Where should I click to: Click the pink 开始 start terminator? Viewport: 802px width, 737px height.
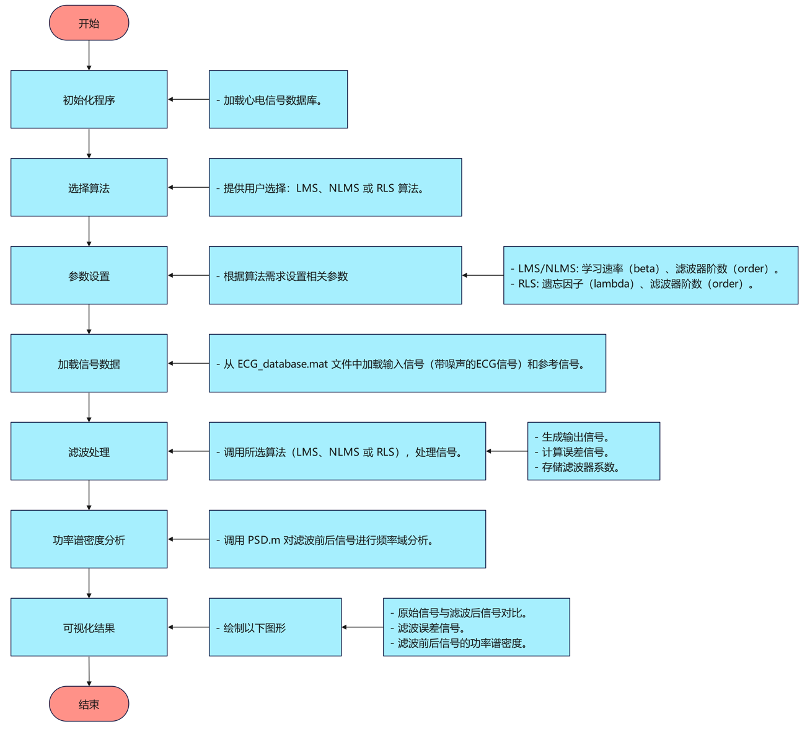pos(89,24)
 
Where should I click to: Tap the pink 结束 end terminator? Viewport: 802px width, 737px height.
pos(89,704)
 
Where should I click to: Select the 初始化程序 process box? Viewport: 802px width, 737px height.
pos(89,100)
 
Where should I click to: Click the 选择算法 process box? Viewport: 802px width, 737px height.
pos(89,188)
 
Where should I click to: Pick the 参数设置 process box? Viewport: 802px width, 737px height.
pos(89,276)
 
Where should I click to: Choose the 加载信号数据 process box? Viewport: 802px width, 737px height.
pos(89,364)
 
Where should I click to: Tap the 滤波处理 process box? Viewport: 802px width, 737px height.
pos(89,452)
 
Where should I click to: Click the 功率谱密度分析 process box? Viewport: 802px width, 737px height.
pos(89,540)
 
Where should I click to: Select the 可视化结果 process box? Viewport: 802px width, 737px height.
pos(89,628)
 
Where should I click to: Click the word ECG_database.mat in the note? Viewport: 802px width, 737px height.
pos(282,364)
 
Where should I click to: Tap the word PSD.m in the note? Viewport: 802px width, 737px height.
pos(264,540)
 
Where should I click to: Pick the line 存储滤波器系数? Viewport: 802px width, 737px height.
pos(581,467)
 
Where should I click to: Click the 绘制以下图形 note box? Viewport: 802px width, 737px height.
pos(275,628)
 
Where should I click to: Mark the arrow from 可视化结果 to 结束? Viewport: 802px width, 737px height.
pos(89,671)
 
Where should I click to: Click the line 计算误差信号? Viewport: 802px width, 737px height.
pos(576,452)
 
